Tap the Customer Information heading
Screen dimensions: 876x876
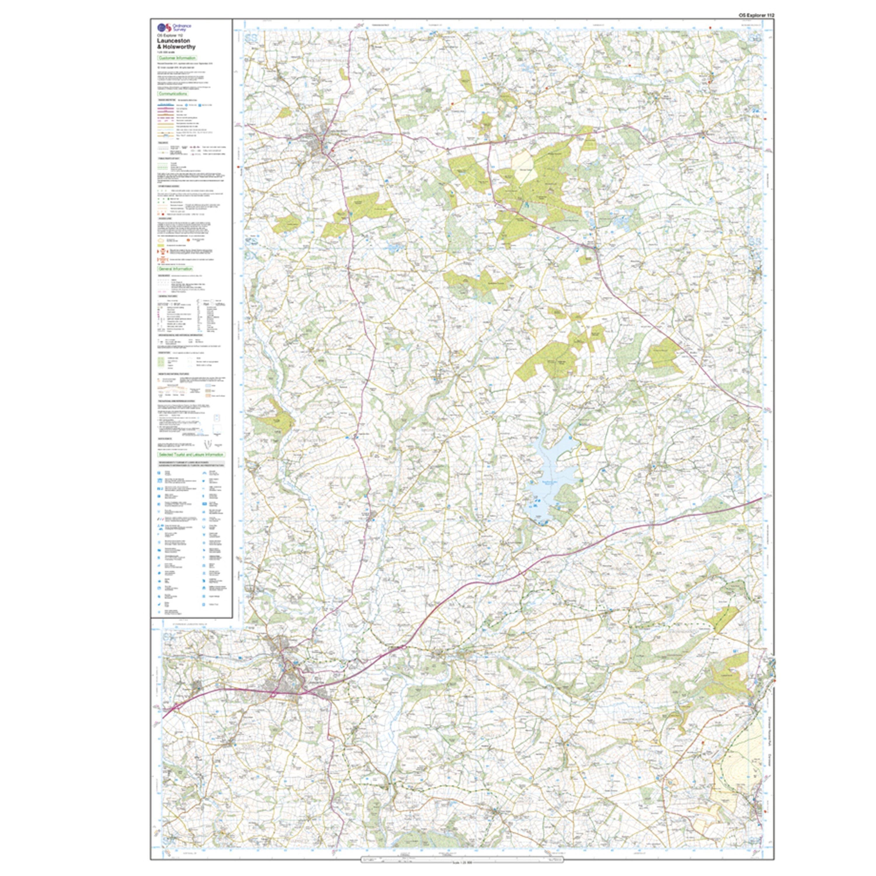pyautogui.click(x=177, y=58)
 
